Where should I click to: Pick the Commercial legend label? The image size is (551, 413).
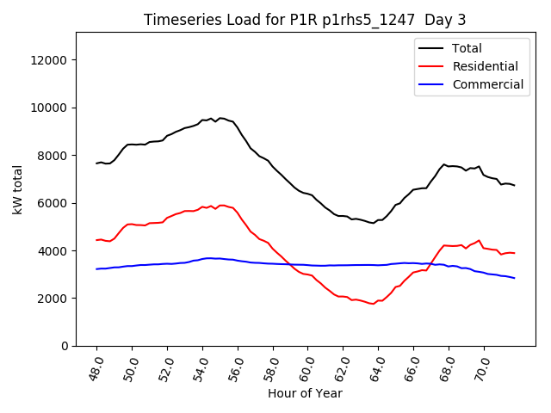pyautogui.click(x=487, y=84)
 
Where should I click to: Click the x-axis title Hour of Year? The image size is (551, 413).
pyautogui.click(x=305, y=394)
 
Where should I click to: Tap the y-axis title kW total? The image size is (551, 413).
pyautogui.click(x=18, y=189)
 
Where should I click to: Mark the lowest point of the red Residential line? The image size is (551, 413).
pyautogui.click(x=373, y=304)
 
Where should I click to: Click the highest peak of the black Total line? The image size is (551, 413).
pyautogui.click(x=220, y=118)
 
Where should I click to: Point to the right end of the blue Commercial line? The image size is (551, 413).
pyautogui.click(x=515, y=278)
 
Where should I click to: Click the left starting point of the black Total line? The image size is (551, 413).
pyautogui.click(x=96, y=163)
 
